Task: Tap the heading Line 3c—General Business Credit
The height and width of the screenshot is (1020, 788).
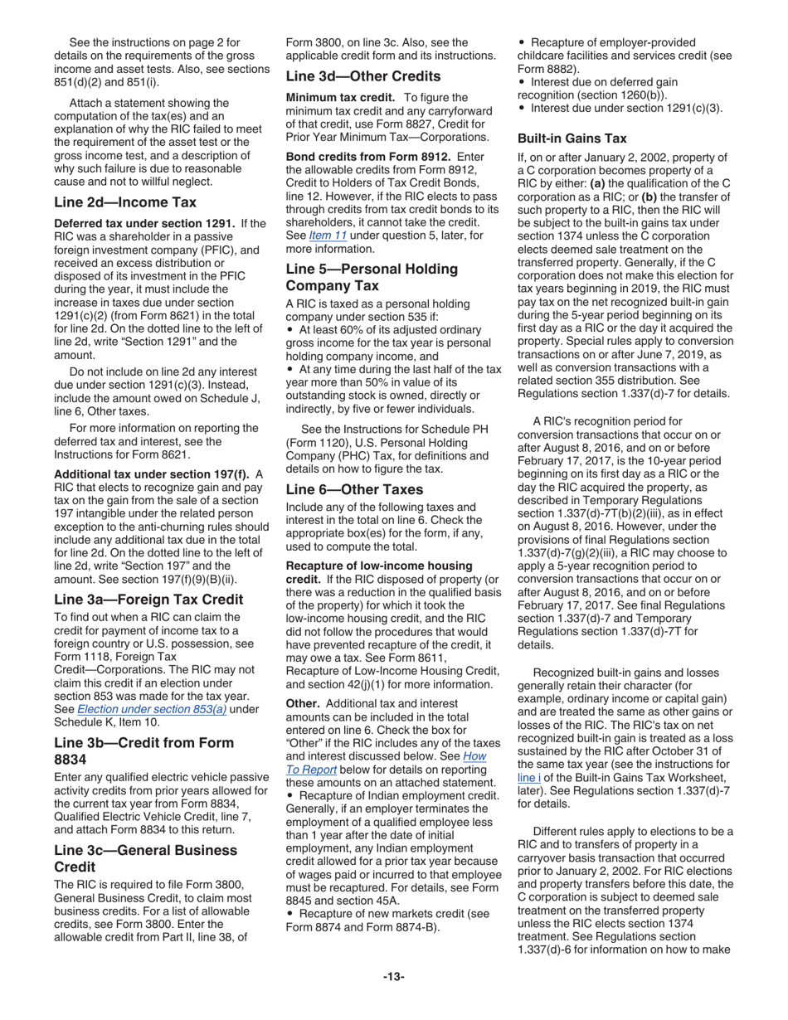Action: coord(145,858)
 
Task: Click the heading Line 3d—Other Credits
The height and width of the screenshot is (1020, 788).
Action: coord(362,76)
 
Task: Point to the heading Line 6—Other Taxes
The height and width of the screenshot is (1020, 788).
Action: coord(354,489)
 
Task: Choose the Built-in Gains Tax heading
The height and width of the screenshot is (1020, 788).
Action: coord(572,138)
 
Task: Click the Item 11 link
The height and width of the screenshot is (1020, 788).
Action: coord(323,235)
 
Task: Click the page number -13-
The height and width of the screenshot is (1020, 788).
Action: coord(394,977)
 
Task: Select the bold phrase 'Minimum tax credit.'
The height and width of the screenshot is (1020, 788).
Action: coord(336,98)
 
